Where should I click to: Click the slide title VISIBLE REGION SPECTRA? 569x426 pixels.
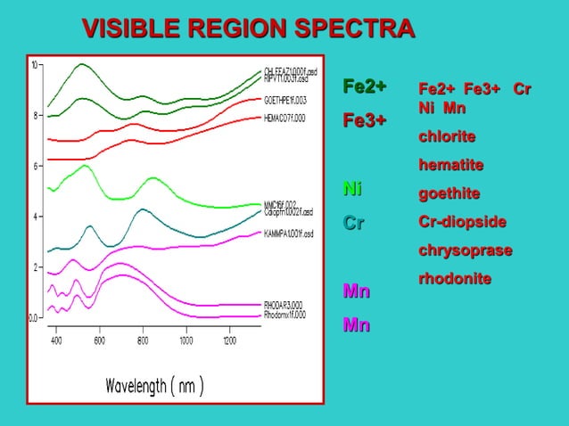(248, 29)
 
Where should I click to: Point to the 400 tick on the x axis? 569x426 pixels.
(55, 340)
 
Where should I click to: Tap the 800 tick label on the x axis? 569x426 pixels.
(143, 340)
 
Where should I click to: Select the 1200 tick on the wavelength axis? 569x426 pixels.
(229, 340)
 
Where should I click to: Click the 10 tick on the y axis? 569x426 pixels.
(35, 65)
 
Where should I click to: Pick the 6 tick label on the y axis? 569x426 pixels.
(35, 166)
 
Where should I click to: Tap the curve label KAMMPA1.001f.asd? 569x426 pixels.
(287, 233)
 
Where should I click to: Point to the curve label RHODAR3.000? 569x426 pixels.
(284, 304)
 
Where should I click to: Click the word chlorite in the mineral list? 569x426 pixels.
(447, 136)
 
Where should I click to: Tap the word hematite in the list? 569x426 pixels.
(451, 165)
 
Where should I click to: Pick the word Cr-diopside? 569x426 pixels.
(463, 221)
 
